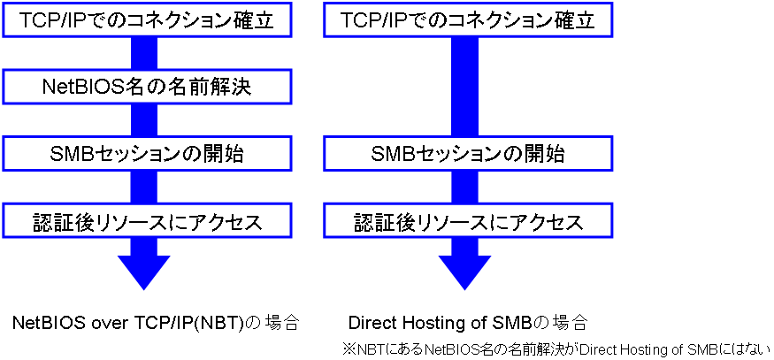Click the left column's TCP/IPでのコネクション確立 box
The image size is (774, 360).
[146, 19]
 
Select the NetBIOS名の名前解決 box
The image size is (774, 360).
[146, 87]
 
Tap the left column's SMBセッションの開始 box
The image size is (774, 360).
[146, 154]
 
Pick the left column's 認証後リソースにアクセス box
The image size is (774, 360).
[146, 222]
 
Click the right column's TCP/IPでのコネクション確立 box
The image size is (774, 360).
[467, 19]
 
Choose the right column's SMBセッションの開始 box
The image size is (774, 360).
[467, 154]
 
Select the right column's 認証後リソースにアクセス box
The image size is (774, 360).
[467, 222]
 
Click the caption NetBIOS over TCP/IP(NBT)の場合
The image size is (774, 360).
[156, 323]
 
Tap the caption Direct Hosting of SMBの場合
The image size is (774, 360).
[468, 323]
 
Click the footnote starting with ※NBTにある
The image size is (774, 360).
[556, 349]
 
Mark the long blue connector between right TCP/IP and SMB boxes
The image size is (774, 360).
[465, 88]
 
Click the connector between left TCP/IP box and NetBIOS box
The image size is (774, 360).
[143, 54]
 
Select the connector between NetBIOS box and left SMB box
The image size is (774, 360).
[143, 121]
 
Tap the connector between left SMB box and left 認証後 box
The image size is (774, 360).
[143, 188]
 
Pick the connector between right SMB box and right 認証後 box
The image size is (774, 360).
[465, 188]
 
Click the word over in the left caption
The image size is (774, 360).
[112, 324]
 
